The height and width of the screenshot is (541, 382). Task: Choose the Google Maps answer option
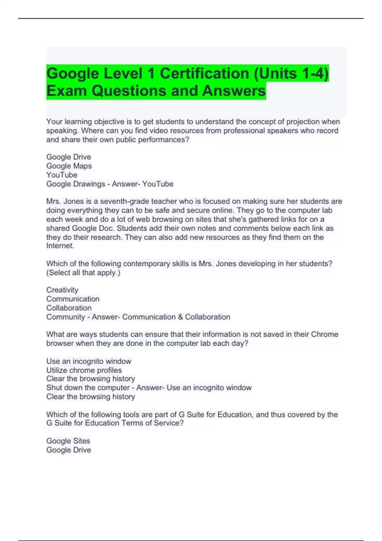[69, 166]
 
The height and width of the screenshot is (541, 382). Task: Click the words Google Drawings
[75, 184]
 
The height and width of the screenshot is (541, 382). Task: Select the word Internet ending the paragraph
[60, 246]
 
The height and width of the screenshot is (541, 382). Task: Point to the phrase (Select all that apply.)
[83, 273]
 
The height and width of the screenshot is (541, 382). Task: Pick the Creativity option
[62, 290]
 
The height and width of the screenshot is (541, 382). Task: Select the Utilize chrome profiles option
[84, 370]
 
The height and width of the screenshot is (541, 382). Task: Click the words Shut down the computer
[88, 388]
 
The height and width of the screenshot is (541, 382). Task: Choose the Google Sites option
[68, 441]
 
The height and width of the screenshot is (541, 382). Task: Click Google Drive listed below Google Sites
[68, 450]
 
